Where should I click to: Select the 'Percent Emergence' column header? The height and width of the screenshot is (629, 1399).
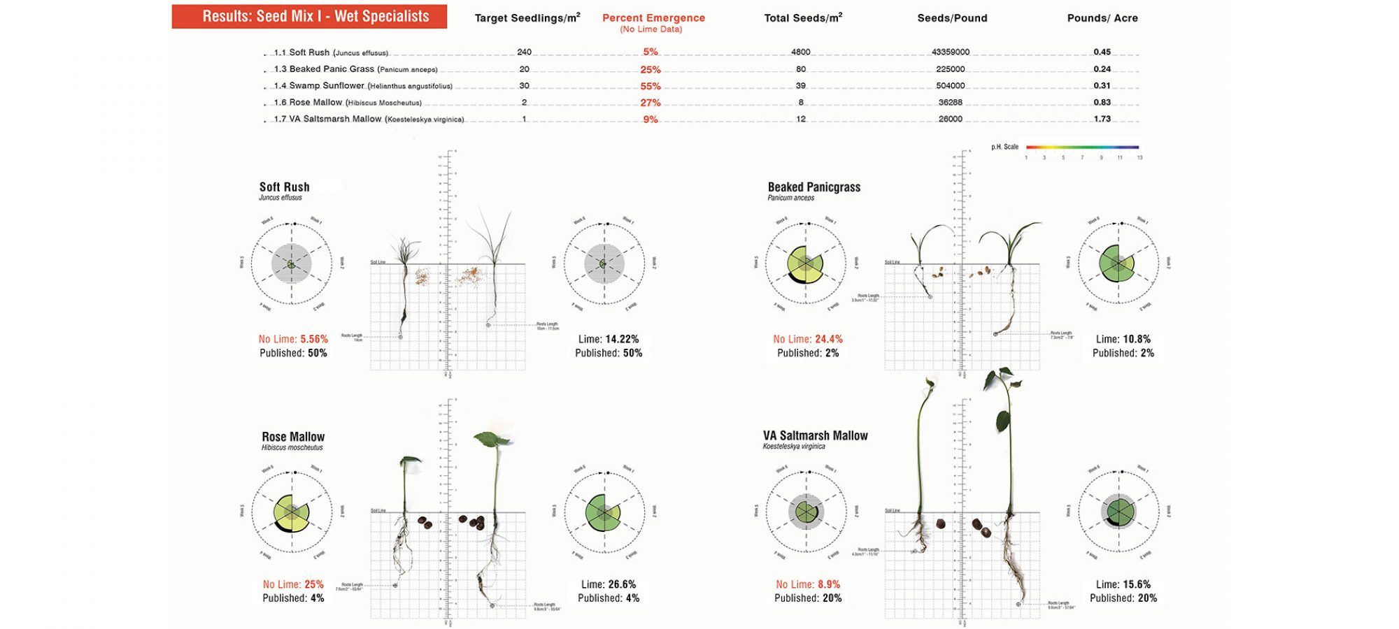653,18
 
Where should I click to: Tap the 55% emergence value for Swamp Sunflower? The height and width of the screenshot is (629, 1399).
651,86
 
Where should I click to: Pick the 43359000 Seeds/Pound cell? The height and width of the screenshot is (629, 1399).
951,52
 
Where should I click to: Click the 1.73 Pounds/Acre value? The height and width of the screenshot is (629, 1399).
1102,119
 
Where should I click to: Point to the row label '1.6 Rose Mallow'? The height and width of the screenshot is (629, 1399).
308,102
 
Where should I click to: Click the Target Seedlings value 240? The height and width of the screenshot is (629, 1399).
524,52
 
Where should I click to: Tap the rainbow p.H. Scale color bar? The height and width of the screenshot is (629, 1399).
1082,147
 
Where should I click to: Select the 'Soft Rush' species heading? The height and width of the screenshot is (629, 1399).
284,187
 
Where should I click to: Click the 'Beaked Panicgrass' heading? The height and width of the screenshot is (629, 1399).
814,187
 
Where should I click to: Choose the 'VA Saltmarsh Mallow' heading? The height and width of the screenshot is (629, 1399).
815,435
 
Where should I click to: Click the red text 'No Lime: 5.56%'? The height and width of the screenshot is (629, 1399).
293,339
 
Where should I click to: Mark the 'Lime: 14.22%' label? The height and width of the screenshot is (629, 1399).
609,339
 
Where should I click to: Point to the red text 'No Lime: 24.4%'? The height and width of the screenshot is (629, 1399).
808,339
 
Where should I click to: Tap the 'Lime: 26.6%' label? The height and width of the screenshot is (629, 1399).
609,584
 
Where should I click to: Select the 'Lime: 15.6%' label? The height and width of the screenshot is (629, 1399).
1123,584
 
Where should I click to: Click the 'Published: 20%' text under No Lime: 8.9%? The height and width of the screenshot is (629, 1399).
808,598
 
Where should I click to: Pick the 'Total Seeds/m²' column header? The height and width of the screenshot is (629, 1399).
803,18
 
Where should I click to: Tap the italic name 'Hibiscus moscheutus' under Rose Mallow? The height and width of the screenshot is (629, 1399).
292,447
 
